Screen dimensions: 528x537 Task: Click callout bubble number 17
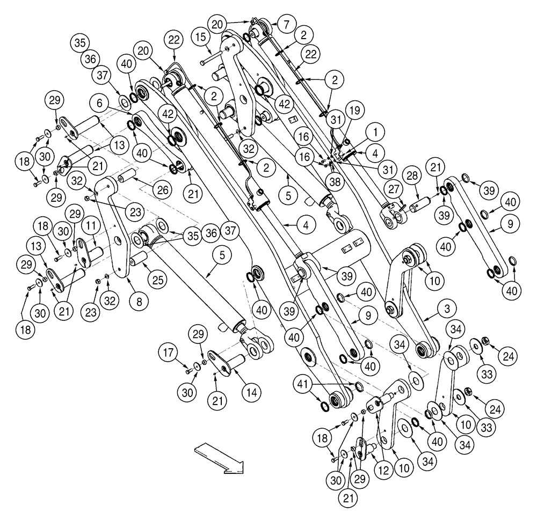(x=166, y=353)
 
